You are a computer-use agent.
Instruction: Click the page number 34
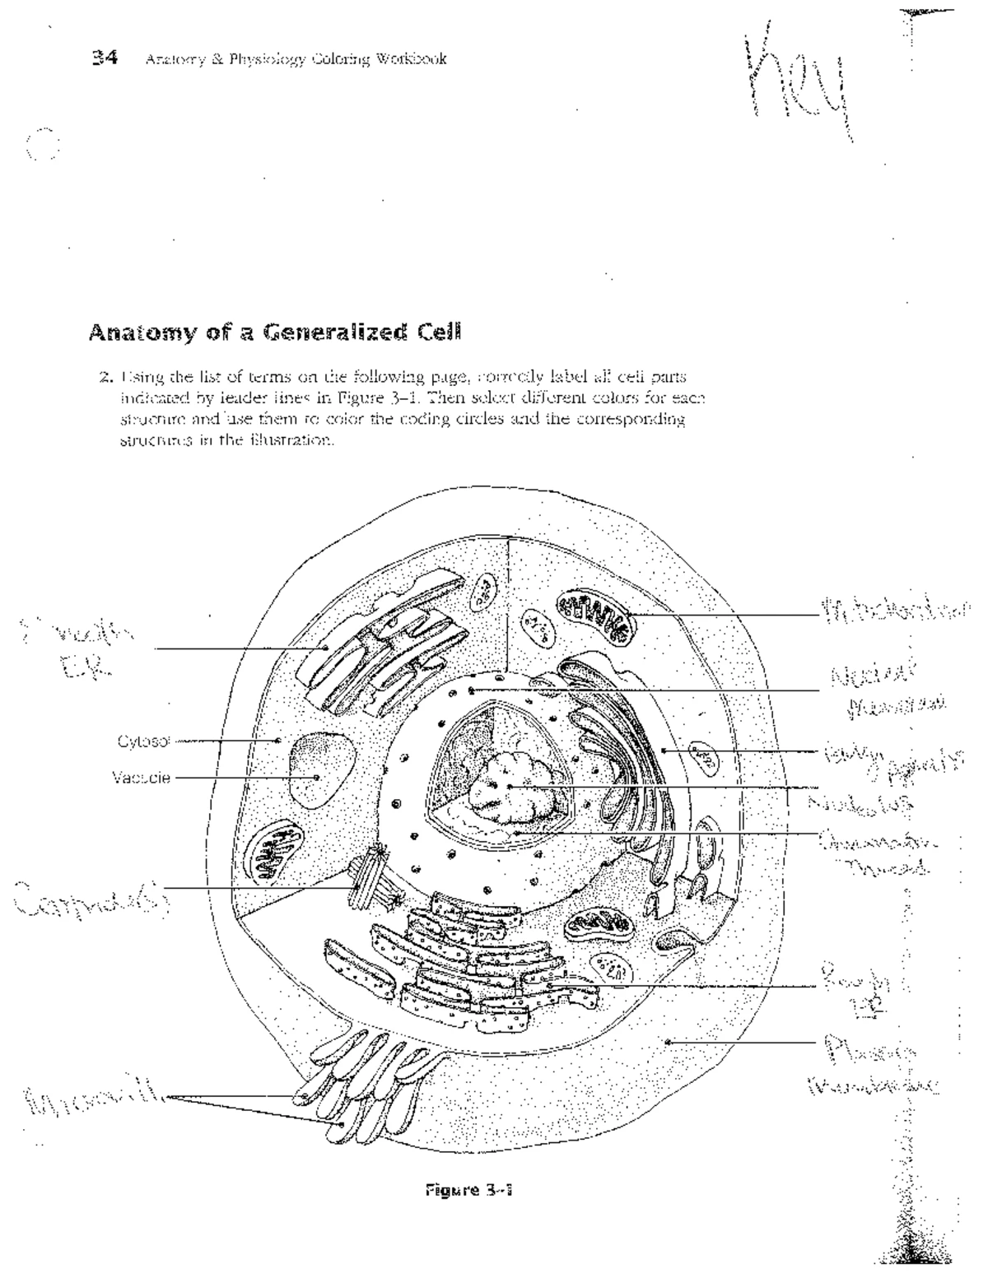coord(105,58)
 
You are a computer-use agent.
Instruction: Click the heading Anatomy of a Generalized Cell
coord(274,333)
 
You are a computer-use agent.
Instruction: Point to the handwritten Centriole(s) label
coord(91,895)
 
